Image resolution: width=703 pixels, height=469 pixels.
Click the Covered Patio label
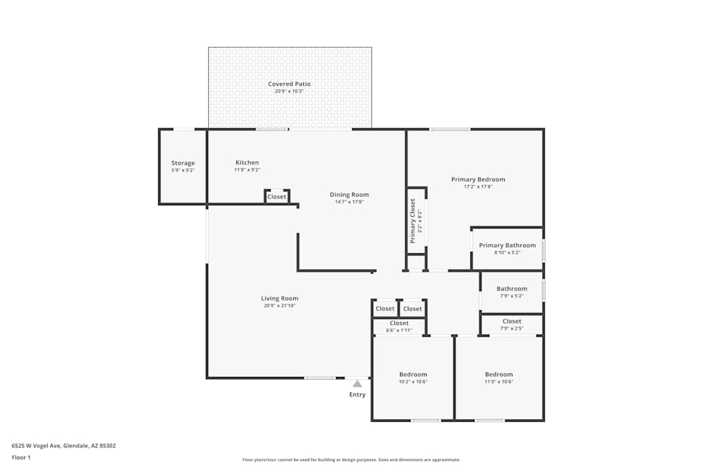pyautogui.click(x=289, y=84)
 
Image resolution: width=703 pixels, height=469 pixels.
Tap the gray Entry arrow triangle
pyautogui.click(x=357, y=384)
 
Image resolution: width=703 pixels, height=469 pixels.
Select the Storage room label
pyautogui.click(x=183, y=163)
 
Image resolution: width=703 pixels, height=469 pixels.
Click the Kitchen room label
pyautogui.click(x=247, y=162)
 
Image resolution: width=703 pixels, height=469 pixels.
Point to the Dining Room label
pyautogui.click(x=349, y=195)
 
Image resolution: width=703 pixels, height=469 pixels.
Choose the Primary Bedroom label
pyautogui.click(x=478, y=179)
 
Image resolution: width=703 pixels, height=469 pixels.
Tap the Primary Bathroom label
pyautogui.click(x=507, y=245)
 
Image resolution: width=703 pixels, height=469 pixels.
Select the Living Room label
pyautogui.click(x=280, y=298)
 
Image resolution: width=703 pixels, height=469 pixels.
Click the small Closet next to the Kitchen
pyautogui.click(x=277, y=197)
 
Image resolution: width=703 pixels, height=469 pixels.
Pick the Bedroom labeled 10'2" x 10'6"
pyautogui.click(x=413, y=375)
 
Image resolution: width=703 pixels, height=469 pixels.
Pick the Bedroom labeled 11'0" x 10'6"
pyautogui.click(x=498, y=375)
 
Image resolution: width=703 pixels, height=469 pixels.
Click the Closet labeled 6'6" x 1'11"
pyautogui.click(x=399, y=323)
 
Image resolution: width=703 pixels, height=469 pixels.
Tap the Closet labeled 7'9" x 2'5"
pyautogui.click(x=512, y=321)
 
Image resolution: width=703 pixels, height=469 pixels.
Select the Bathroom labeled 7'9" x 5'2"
pyautogui.click(x=512, y=289)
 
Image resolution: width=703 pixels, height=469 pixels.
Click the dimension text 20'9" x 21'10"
pyautogui.click(x=280, y=306)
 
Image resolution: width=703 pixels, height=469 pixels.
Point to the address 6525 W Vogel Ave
pyautogui.click(x=64, y=445)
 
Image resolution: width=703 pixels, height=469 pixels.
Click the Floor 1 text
pyautogui.click(x=21, y=457)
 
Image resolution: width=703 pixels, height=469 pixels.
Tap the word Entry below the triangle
pyautogui.click(x=357, y=394)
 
